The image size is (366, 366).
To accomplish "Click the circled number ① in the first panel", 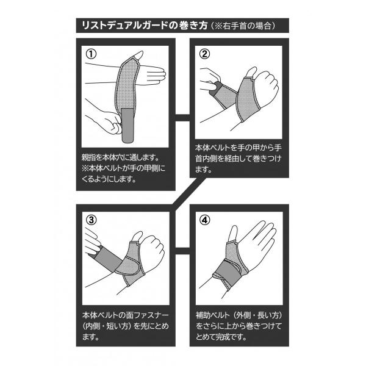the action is [91, 54].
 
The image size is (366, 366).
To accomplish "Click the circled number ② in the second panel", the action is [204, 54].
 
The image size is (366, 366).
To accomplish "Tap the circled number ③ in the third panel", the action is [91, 220].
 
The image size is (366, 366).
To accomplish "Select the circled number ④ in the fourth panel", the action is [205, 220].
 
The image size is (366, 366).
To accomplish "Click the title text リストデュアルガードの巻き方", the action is [145, 26].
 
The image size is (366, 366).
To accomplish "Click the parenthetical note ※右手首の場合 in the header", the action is [243, 26].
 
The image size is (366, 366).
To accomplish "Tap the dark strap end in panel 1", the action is [128, 125].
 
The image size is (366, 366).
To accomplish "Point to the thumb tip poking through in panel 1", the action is [138, 56].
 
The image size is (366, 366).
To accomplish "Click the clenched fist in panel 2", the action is [266, 87].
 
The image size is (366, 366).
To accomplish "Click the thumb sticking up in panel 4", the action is [233, 234].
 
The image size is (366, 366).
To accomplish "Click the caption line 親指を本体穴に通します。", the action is [120, 157].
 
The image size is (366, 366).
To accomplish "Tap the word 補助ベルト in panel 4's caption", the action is [213, 315].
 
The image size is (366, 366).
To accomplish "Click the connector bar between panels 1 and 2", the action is [182, 118].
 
